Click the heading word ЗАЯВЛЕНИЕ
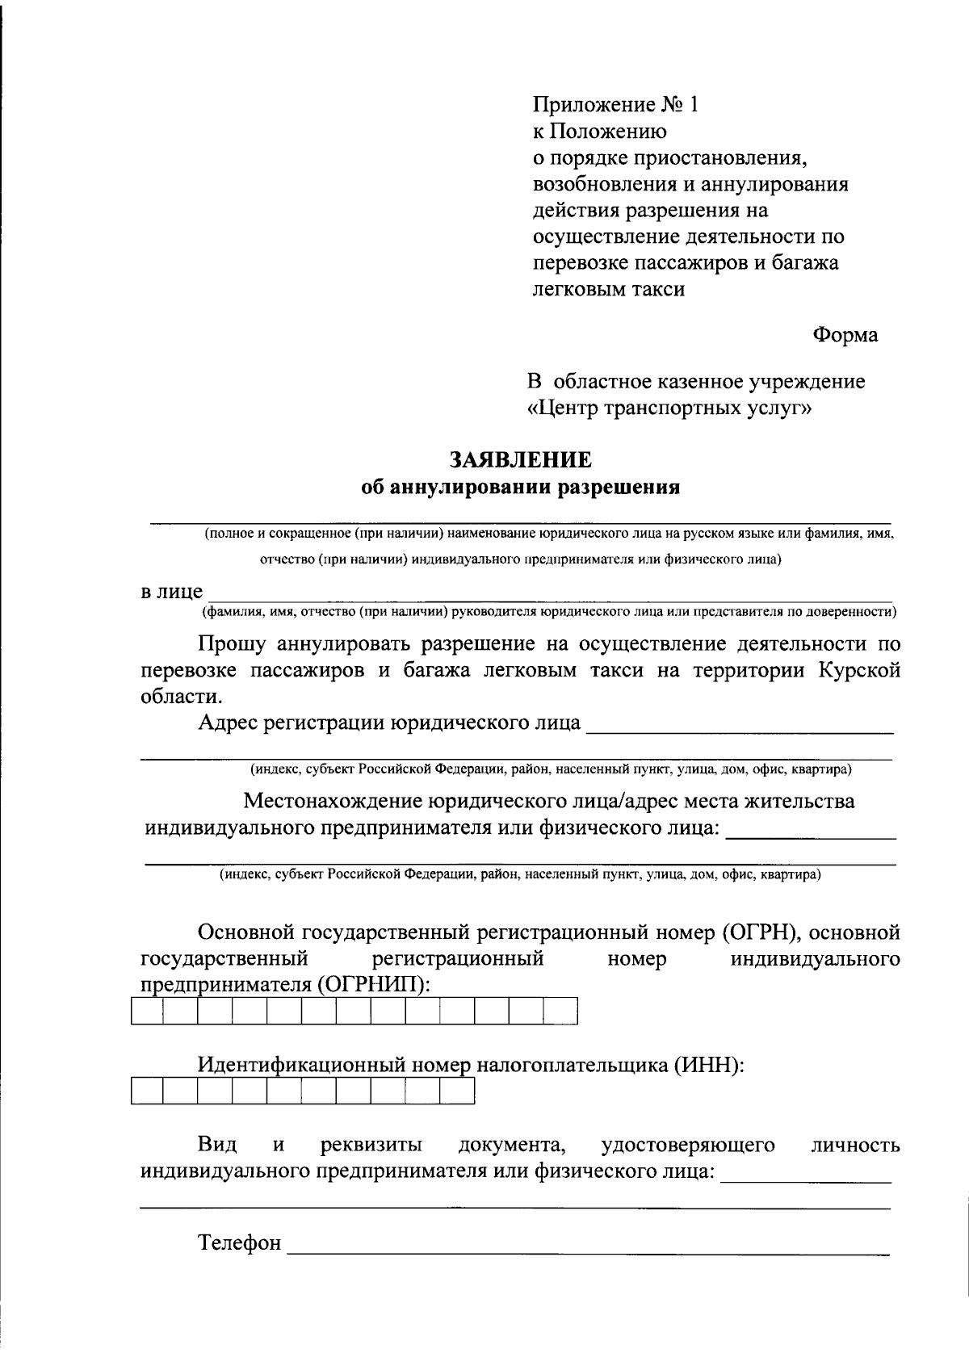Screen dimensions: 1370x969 [520, 460]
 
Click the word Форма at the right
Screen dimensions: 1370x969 [845, 335]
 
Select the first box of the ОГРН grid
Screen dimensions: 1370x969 [147, 1012]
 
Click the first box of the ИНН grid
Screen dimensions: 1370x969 [147, 1091]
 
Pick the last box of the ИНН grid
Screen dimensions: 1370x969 [457, 1091]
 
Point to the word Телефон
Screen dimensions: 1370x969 [240, 1243]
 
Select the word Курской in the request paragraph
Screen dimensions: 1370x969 [860, 671]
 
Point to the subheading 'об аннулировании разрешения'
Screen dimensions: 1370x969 [521, 488]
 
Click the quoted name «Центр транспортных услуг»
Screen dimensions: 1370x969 [669, 408]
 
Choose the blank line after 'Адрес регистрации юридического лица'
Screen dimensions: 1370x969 [739, 727]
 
